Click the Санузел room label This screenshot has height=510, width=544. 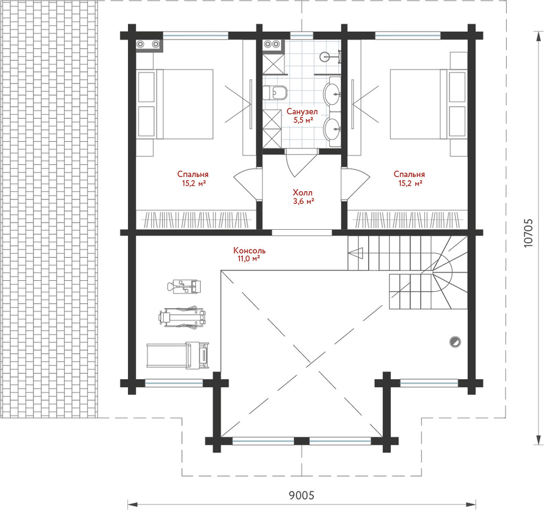pos(302,112)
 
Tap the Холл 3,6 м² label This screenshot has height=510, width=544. pos(303,196)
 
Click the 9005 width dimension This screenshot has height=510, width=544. pos(301,495)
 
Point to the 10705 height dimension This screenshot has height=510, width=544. pos(528,232)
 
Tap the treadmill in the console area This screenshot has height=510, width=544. pos(177,355)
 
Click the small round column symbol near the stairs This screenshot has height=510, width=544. pos(455,342)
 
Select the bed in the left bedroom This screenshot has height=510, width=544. pos(175,104)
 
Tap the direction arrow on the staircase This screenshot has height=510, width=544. pos(356,253)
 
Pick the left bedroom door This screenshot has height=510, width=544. pos(247,184)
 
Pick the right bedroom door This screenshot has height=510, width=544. pos(356,184)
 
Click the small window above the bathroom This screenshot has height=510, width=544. pos(302,35)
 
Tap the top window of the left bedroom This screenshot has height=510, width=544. pos(196,35)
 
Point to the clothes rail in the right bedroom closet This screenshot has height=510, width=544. pos(408,220)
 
